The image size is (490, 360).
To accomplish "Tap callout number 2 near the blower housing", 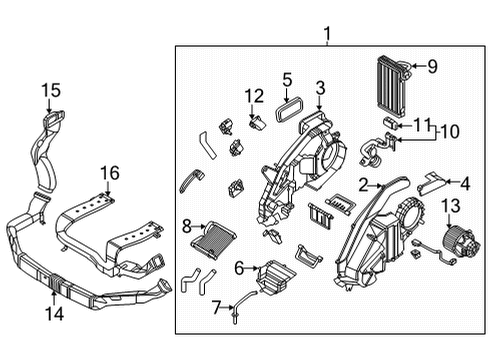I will point(365,184).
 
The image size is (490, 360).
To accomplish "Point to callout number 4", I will point(464,182).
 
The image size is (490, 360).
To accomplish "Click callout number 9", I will point(432,67).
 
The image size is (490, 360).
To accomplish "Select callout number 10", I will point(448,130).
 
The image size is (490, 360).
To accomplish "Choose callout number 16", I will point(107,174).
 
